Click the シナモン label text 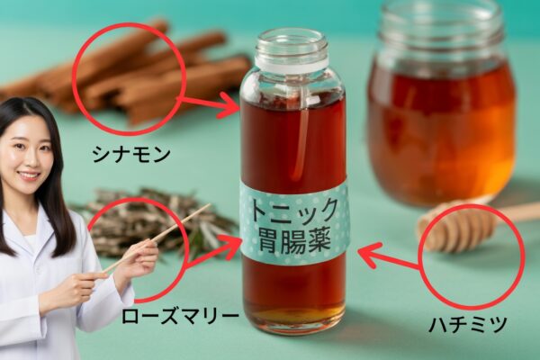click(131, 155)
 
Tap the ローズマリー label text click(180, 316)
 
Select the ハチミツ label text click(467, 325)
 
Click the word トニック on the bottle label click(293, 211)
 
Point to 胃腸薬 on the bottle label click(293, 241)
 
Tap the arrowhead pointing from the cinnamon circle click(230, 104)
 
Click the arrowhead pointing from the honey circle click(368, 254)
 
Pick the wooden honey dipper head click(457, 227)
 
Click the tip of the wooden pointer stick click(210, 204)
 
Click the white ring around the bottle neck click(292, 62)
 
